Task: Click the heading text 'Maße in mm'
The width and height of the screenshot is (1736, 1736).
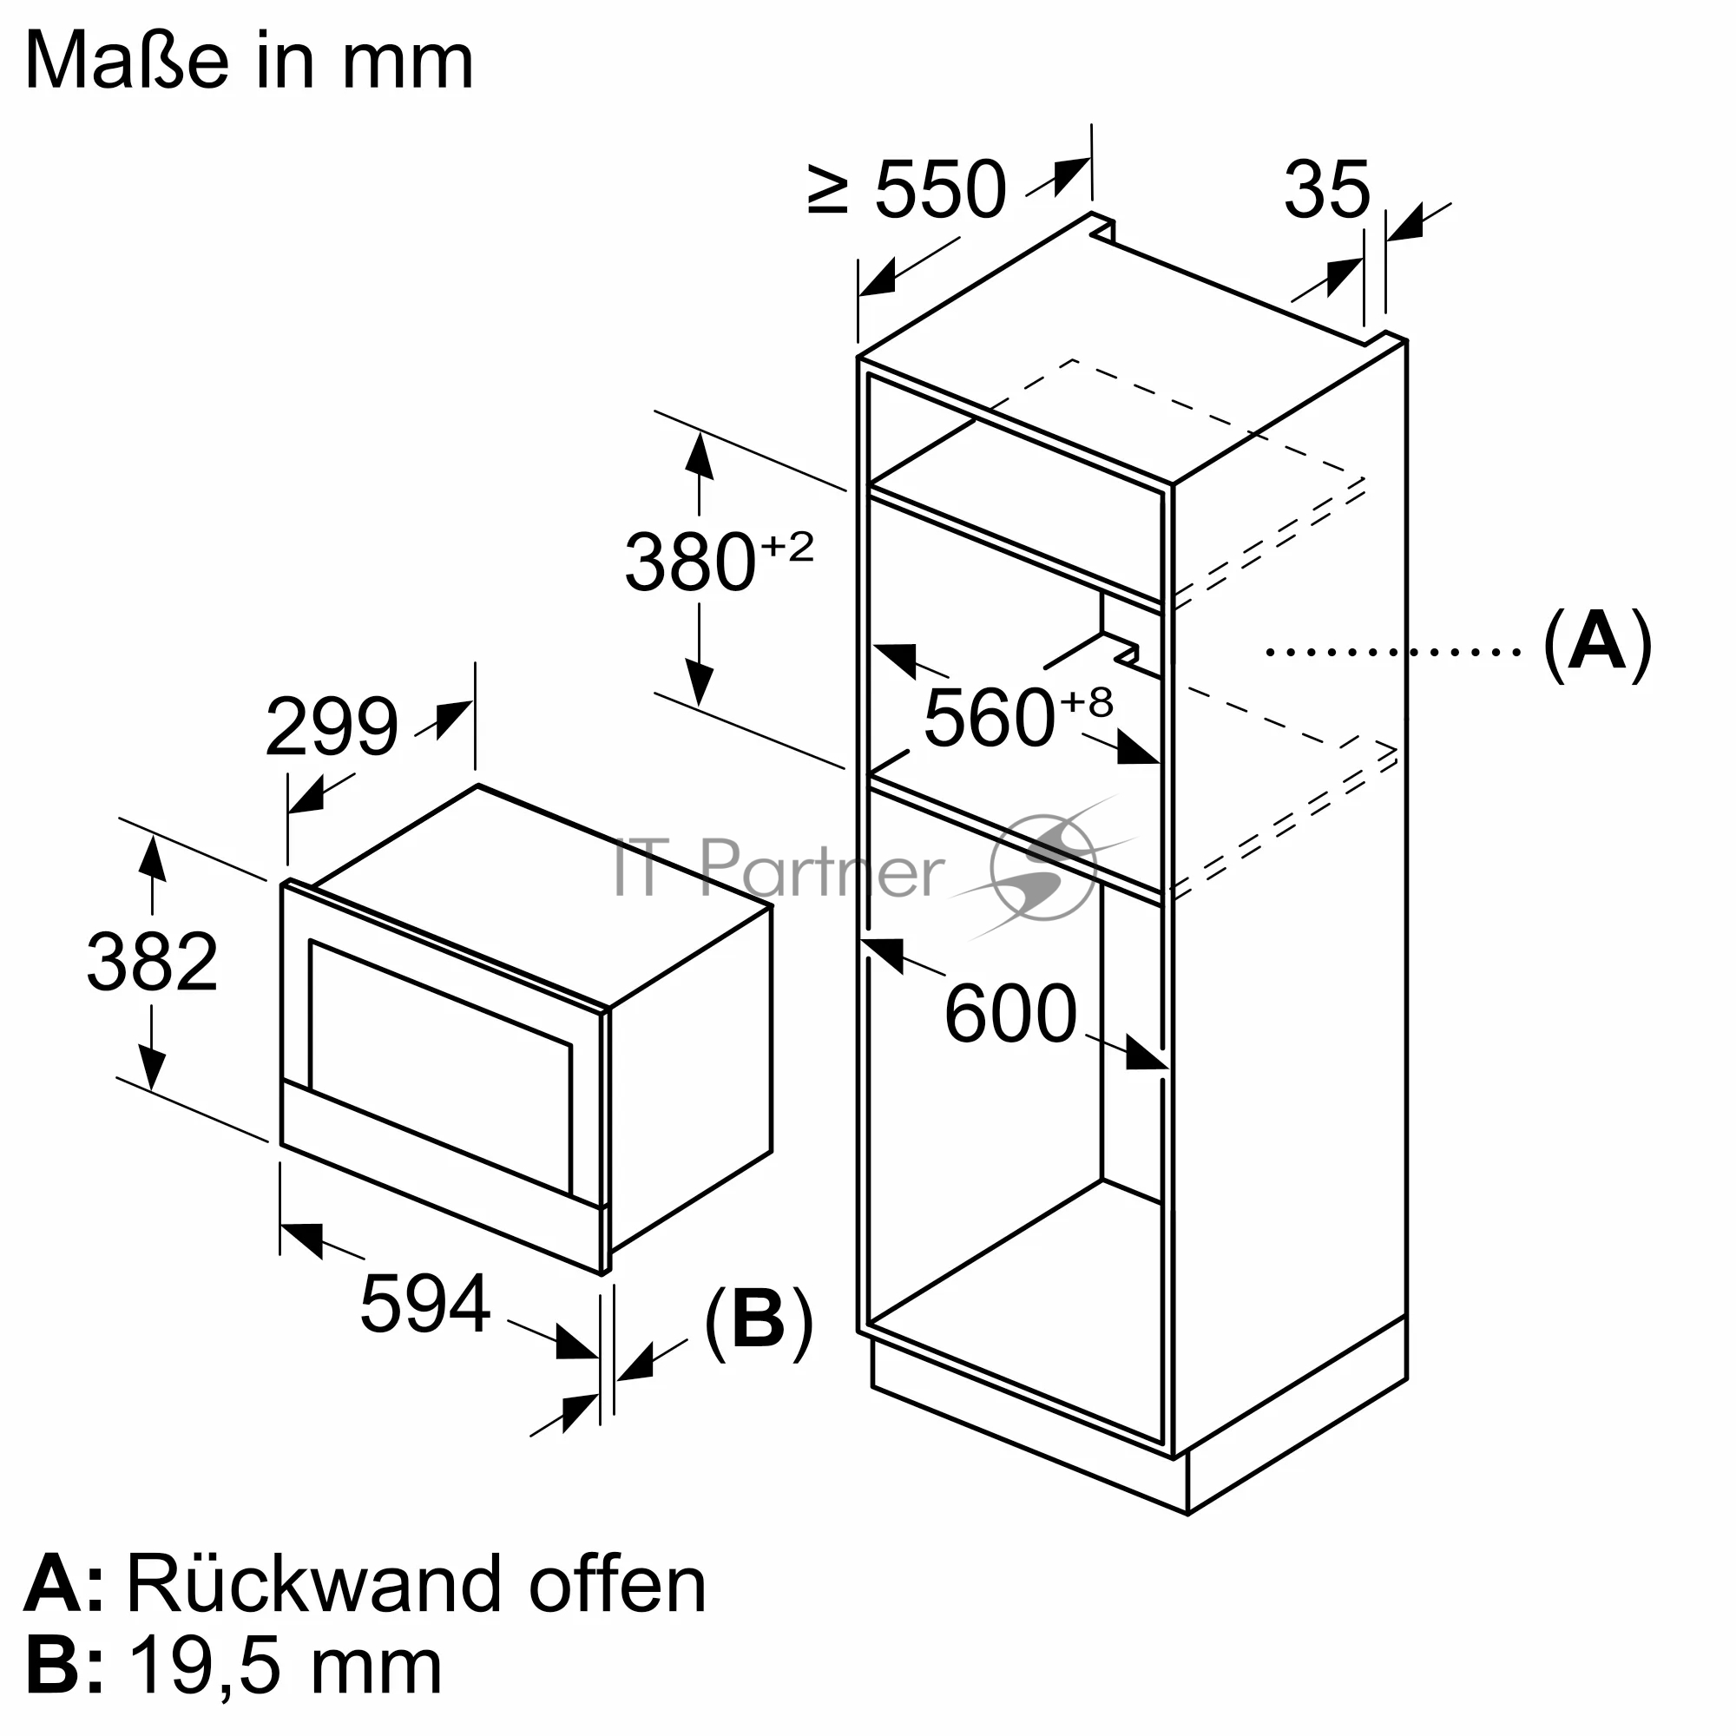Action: pos(249,61)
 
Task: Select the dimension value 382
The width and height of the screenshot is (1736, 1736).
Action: pos(152,963)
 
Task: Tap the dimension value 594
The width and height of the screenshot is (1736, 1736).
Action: pos(425,1304)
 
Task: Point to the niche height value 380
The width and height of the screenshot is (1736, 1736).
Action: pos(689,563)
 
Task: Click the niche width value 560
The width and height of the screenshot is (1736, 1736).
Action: pos(989,718)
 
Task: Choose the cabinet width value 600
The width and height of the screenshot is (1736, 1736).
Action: pos(1010,1015)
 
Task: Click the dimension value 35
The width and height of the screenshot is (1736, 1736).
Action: pos(1326,189)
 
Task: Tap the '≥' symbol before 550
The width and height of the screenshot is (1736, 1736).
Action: pos(827,190)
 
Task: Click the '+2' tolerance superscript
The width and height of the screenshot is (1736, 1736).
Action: pos(787,546)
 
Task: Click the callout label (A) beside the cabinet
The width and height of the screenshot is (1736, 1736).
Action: pos(1597,644)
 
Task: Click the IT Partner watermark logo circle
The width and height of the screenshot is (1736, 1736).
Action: pos(1042,867)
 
